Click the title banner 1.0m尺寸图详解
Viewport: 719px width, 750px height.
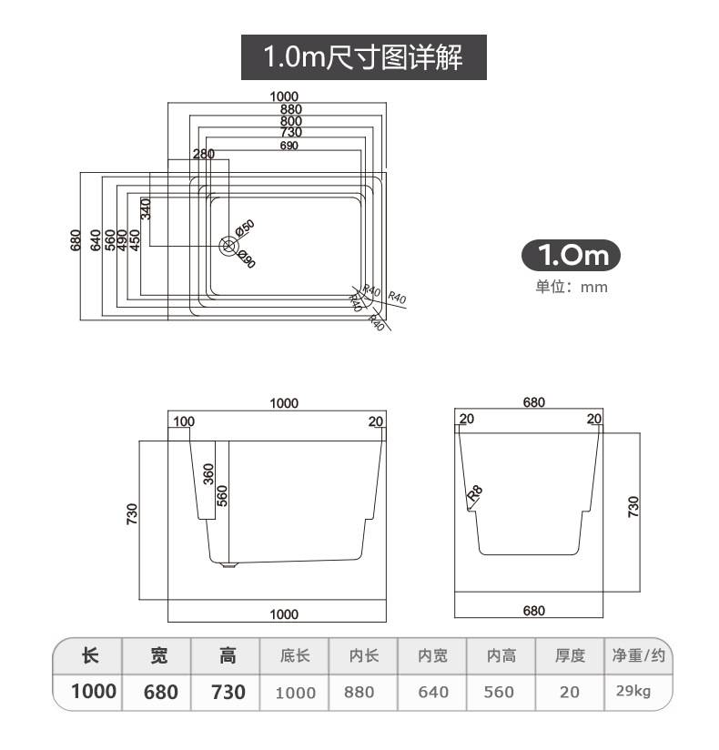click(363, 58)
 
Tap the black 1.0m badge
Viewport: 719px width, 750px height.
click(571, 255)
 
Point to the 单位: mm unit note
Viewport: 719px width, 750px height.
click(571, 287)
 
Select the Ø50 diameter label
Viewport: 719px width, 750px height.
click(245, 228)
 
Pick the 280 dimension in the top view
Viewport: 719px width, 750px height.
click(203, 154)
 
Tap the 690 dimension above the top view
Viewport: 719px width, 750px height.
click(289, 145)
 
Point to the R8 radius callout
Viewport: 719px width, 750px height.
click(474, 494)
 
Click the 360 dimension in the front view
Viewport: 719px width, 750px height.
click(208, 474)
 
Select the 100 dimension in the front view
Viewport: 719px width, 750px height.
click(184, 421)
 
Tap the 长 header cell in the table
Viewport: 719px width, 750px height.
click(89, 654)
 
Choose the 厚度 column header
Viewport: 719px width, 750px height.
click(570, 654)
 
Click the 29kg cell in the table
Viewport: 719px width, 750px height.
click(633, 691)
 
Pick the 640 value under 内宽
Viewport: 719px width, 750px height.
click(433, 692)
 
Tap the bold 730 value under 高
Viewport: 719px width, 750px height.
click(228, 692)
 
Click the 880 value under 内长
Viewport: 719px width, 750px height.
click(359, 692)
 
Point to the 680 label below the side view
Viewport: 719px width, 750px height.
click(534, 611)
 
